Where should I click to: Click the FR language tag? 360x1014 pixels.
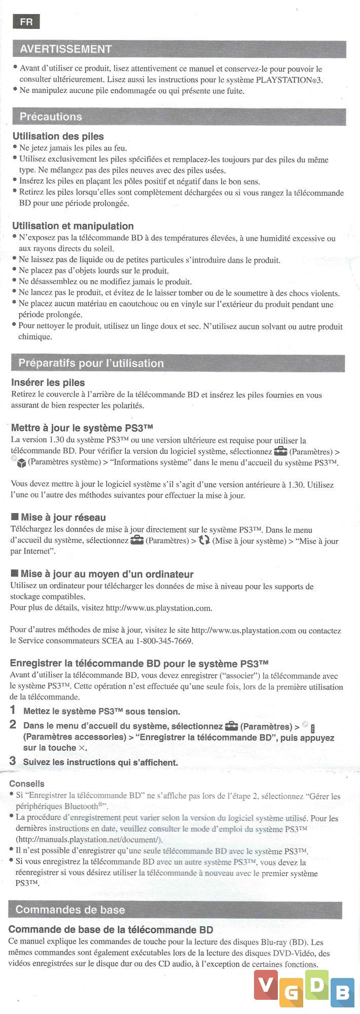click(x=26, y=22)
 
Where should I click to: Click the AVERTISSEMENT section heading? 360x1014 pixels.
click(x=65, y=49)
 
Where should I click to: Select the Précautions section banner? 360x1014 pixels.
click(x=51, y=117)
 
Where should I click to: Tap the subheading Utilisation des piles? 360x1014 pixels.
click(x=58, y=136)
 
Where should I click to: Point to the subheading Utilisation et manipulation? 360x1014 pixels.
click(x=73, y=226)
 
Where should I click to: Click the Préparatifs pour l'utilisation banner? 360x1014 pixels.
click(x=91, y=363)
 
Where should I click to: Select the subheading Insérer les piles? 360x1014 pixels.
click(x=48, y=383)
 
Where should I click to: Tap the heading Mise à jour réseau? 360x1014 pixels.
click(x=63, y=517)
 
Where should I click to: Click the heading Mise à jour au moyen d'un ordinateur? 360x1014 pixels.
click(x=106, y=574)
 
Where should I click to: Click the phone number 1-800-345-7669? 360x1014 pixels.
click(x=163, y=641)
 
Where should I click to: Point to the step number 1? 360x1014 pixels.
click(x=13, y=710)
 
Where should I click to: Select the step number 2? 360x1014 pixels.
click(x=13, y=725)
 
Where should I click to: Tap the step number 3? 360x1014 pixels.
click(x=13, y=761)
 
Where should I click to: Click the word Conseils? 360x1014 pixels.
click(x=27, y=784)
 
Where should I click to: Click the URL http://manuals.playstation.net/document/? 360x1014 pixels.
click(x=89, y=840)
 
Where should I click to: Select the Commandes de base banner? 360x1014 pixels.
click(x=70, y=910)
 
